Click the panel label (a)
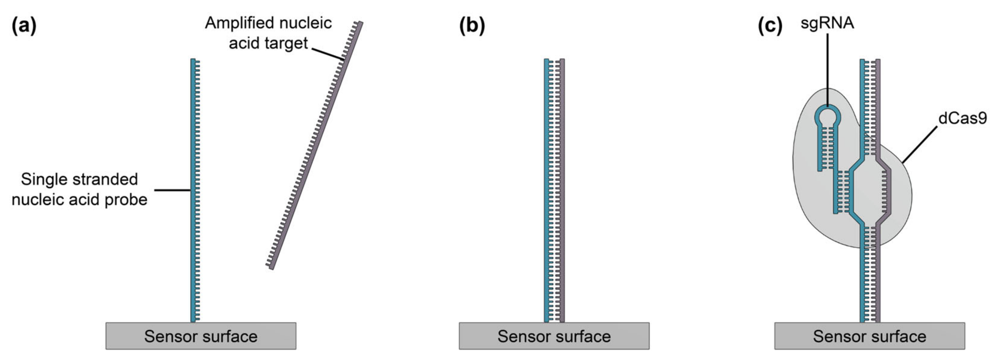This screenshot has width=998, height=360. (x=24, y=26)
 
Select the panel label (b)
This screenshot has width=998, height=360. (x=472, y=26)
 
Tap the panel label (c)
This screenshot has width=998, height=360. (x=770, y=26)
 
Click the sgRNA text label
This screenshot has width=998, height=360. (x=827, y=23)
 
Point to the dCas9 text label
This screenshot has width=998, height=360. (x=962, y=118)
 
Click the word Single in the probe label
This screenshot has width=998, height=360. (x=40, y=179)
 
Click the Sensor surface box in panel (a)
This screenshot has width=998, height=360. (x=201, y=336)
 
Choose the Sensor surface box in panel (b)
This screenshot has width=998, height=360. (x=554, y=336)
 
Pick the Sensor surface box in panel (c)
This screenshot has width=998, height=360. (x=869, y=336)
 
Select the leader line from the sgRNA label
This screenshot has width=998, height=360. (x=828, y=70)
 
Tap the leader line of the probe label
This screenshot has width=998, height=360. (x=172, y=190)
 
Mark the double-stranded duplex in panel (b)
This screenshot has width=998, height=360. (x=554, y=190)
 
